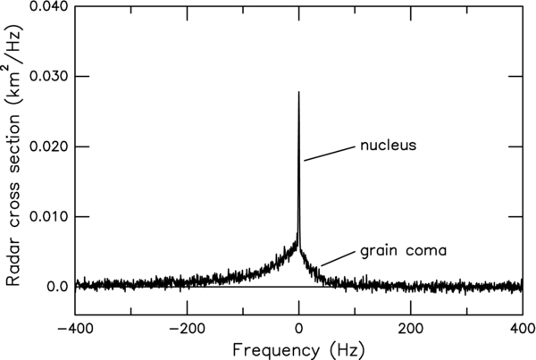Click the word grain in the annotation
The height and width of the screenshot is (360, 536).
[x=378, y=251]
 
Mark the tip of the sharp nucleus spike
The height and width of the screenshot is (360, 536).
[x=299, y=91]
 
